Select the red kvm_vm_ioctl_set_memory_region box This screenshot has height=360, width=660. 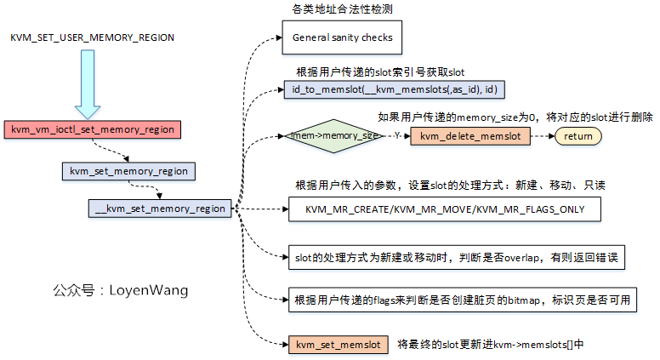pyautogui.click(x=93, y=129)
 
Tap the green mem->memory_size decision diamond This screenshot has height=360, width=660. pyautogui.click(x=334, y=135)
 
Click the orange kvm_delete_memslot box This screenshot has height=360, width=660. pyautogui.click(x=469, y=136)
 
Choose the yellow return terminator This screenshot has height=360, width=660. pyautogui.click(x=578, y=136)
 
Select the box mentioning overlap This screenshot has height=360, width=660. pyautogui.click(x=458, y=256)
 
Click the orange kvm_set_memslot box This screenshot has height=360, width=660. pyautogui.click(x=338, y=345)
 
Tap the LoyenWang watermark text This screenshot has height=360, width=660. pyautogui.click(x=121, y=291)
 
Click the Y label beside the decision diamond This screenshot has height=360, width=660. pyautogui.click(x=395, y=135)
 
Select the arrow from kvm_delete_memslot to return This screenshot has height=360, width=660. pyautogui.click(x=543, y=136)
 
